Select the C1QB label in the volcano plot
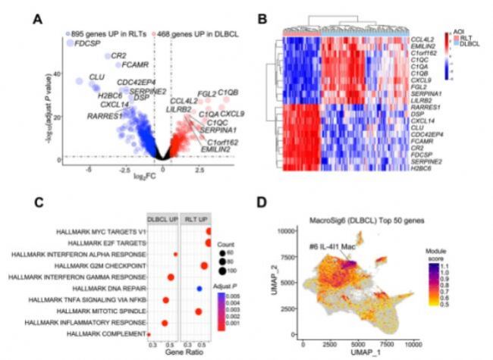(x=228, y=92)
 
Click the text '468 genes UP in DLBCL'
(x=197, y=34)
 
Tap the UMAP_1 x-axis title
(x=363, y=353)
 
